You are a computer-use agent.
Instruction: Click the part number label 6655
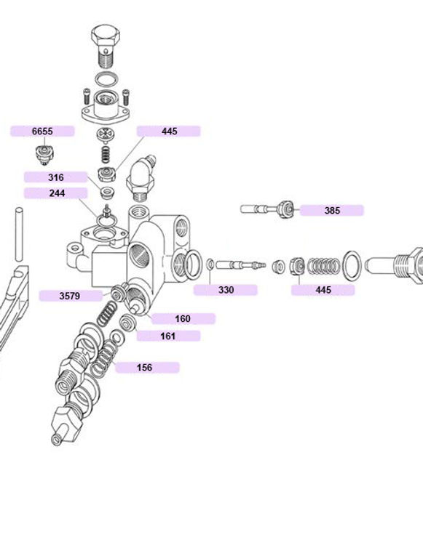pyautogui.click(x=42, y=132)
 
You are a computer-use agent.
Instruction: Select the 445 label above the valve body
pyautogui.click(x=169, y=132)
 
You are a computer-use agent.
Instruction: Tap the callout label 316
pyautogui.click(x=55, y=177)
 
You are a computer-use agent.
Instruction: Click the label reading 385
pyautogui.click(x=332, y=210)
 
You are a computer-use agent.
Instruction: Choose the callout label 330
pyautogui.click(x=226, y=290)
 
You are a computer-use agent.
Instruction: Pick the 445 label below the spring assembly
pyautogui.click(x=323, y=290)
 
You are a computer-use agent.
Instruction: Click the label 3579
pyautogui.click(x=71, y=296)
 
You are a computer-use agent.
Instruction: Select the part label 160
pyautogui.click(x=183, y=319)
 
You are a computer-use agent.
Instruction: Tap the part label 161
pyautogui.click(x=168, y=336)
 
